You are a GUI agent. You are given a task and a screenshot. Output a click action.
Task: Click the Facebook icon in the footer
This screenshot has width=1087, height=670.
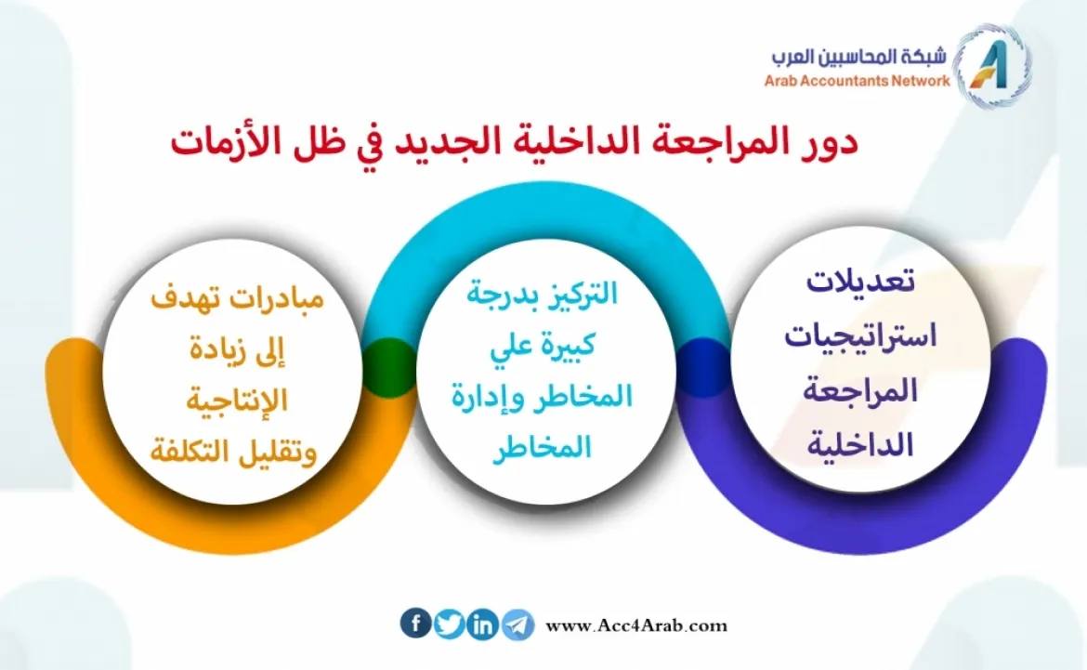click(416, 624)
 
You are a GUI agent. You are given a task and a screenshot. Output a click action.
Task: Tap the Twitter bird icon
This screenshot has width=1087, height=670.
click(450, 624)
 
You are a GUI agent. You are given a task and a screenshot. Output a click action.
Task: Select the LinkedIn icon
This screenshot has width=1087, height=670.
click(483, 624)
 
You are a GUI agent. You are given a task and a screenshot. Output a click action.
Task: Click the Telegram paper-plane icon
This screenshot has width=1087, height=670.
click(517, 624)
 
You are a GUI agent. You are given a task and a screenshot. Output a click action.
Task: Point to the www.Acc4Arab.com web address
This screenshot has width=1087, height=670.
click(636, 625)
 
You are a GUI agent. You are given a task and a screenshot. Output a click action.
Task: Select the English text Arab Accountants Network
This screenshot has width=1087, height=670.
click(858, 81)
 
